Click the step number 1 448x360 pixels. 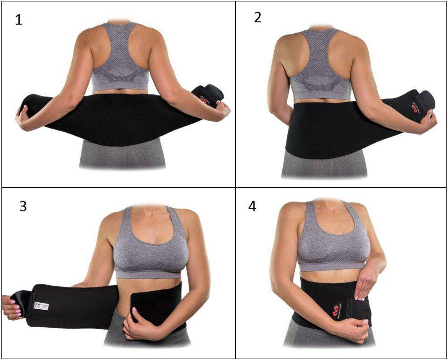pos(18,20)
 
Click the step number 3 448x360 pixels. pos(23,206)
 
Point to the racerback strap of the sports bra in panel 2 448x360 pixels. pos(319,54)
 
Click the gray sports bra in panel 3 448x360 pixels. pos(148,251)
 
